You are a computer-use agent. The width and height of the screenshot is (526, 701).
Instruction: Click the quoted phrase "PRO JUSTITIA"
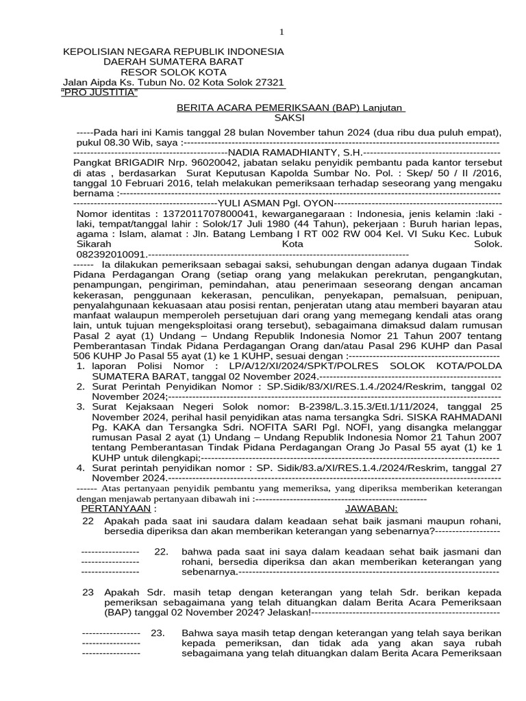pos(99,92)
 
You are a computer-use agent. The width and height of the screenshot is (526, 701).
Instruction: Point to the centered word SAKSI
pos(288,118)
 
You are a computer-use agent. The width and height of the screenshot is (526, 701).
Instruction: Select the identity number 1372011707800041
pos(205,214)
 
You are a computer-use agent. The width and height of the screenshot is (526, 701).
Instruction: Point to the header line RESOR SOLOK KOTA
pos(173,72)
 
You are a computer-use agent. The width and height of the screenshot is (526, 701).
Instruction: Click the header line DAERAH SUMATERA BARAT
pos(173,62)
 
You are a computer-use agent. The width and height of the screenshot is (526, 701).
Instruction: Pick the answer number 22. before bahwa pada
pos(162,551)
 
